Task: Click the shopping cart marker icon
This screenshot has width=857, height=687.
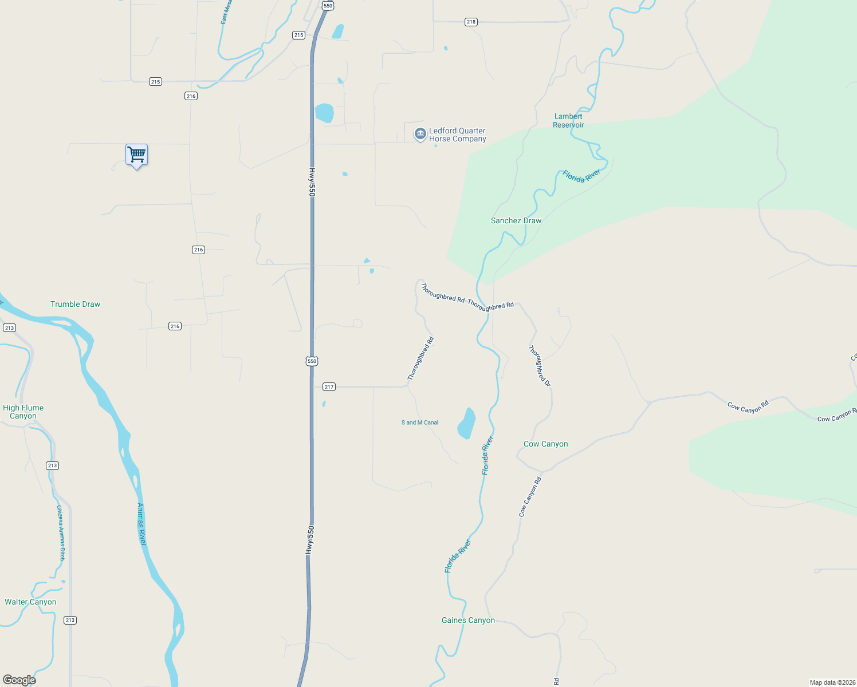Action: pyautogui.click(x=136, y=155)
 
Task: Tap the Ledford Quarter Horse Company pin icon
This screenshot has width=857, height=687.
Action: pyautogui.click(x=420, y=135)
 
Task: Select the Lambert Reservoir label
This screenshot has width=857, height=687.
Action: pyautogui.click(x=568, y=121)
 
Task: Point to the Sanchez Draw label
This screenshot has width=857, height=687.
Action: pyautogui.click(x=516, y=220)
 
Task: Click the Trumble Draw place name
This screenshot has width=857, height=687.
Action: pyautogui.click(x=75, y=304)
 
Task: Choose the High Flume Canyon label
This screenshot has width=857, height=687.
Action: pyautogui.click(x=23, y=412)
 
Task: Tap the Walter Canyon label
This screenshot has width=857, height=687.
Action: pyautogui.click(x=30, y=602)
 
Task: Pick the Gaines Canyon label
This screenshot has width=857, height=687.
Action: pyautogui.click(x=468, y=620)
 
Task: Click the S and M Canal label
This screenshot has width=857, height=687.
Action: pyautogui.click(x=420, y=423)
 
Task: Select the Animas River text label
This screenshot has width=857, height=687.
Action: pyautogui.click(x=141, y=524)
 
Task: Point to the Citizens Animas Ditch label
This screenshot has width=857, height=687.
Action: pyautogui.click(x=61, y=532)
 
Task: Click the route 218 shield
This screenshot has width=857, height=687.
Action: pyautogui.click(x=471, y=22)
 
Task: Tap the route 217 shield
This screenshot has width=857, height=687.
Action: pyautogui.click(x=329, y=387)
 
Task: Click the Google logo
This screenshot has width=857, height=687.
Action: pyautogui.click(x=19, y=680)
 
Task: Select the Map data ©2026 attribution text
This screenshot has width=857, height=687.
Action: pyautogui.click(x=832, y=682)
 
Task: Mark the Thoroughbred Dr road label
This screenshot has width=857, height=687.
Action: pyautogui.click(x=539, y=366)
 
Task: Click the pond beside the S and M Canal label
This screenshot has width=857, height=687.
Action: pyautogui.click(x=466, y=424)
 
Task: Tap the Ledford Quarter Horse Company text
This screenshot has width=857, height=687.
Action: pyautogui.click(x=457, y=135)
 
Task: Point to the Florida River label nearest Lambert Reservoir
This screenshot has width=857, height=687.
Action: pyautogui.click(x=581, y=176)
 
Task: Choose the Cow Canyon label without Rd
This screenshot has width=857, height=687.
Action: pyautogui.click(x=545, y=444)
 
